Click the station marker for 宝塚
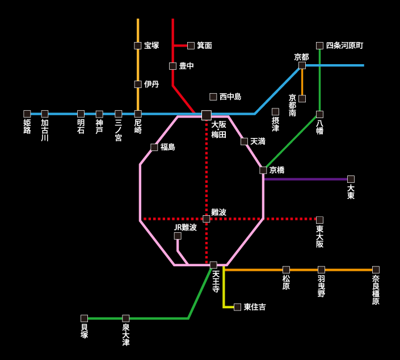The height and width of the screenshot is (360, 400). tap(138, 45)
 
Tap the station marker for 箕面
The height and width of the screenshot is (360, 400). tap(191, 45)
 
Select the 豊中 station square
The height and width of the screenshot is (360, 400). tap(172, 66)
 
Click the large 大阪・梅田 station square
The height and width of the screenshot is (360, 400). tap(207, 115)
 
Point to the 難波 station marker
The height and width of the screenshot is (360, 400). tap(207, 219)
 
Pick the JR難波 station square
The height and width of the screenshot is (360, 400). tap(178, 236)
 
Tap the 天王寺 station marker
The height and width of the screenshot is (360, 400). tap(213, 265)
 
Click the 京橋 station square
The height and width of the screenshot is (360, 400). tap(263, 170)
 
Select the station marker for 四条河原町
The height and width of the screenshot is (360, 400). tap(319, 45)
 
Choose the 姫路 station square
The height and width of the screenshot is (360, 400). tap(27, 114)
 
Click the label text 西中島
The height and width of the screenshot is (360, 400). tap(230, 97)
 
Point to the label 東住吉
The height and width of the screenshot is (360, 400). tap(255, 307)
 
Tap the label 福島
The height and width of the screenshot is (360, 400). tap(167, 147)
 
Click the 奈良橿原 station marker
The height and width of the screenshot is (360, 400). tap(376, 270)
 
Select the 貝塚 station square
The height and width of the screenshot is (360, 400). tap(84, 319)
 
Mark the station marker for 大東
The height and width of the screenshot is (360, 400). tap(351, 179)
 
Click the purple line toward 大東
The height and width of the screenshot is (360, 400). tap(306, 179)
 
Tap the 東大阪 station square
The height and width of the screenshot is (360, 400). tap(319, 220)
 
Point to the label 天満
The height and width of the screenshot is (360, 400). tap(258, 141)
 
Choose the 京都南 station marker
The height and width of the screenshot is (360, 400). tap(302, 99)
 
